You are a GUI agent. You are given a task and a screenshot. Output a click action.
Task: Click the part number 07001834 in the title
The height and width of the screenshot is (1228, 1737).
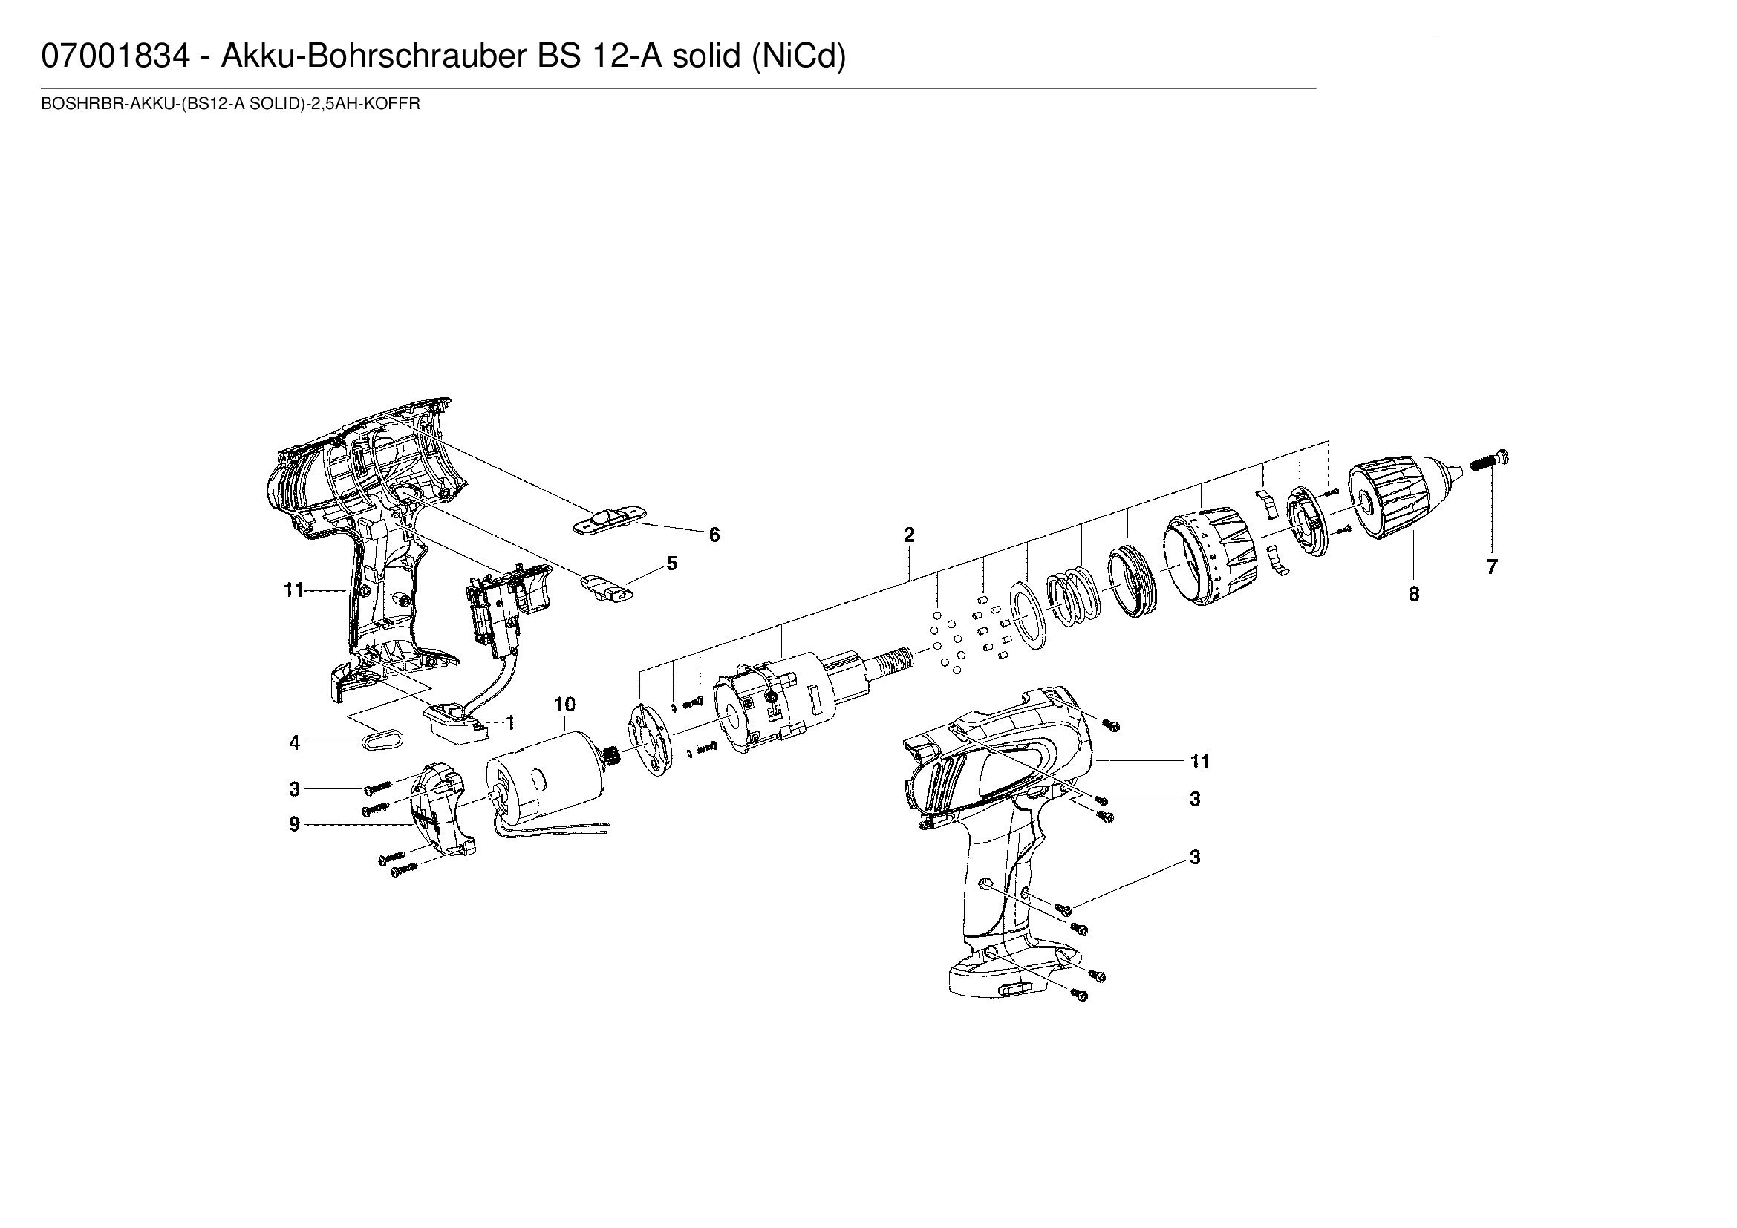[x=116, y=56]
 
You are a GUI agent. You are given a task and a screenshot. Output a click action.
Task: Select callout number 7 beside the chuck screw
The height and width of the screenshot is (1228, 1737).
[x=1491, y=567]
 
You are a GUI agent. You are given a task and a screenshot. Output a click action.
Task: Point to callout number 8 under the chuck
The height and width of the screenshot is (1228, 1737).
[x=1414, y=595]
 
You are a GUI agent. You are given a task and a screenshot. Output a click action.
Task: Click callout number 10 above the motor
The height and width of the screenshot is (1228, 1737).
[x=564, y=705]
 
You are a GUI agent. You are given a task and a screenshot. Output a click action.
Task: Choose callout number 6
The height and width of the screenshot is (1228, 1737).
[x=714, y=535]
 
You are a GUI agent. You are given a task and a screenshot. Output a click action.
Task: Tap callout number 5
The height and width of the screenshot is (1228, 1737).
[x=671, y=564]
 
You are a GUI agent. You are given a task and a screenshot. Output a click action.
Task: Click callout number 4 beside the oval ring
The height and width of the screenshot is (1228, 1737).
[x=294, y=743]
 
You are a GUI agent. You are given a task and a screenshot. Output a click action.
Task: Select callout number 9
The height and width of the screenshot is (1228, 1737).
[x=294, y=824]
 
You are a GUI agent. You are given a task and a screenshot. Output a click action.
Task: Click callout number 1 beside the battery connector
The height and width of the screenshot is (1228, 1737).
[x=511, y=724]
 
